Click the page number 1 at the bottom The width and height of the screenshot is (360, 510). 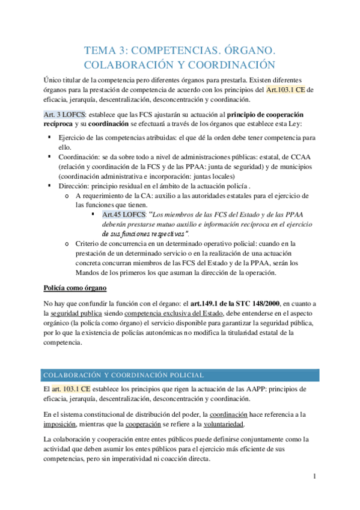314,477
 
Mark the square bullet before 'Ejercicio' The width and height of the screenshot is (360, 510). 49,138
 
